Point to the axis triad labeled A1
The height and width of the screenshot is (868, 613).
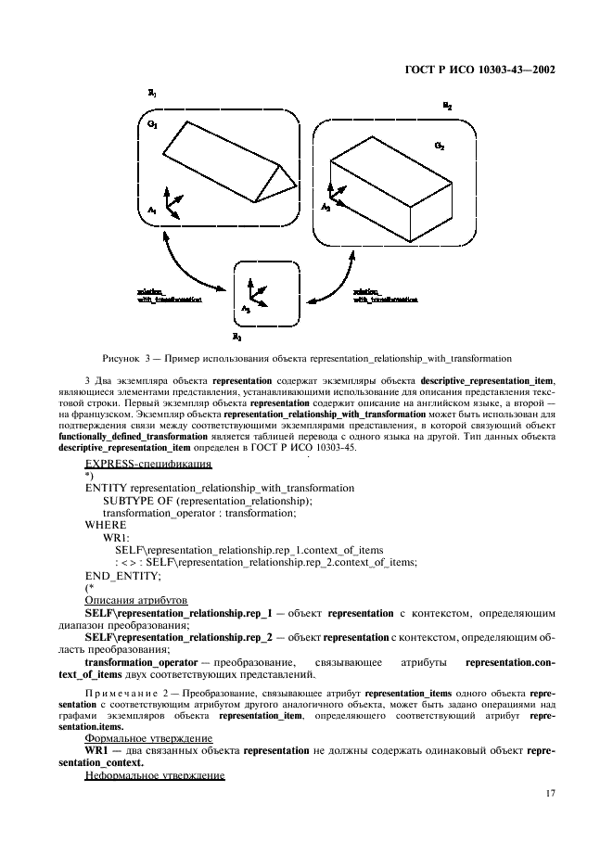[171, 204]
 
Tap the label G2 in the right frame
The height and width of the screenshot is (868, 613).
[440, 147]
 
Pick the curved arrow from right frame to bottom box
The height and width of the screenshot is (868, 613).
[338, 273]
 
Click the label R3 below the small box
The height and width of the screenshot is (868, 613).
[237, 338]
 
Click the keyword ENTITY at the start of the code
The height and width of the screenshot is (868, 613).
[106, 487]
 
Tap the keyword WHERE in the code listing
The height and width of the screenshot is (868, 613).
[106, 524]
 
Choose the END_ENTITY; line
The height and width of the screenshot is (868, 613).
[122, 575]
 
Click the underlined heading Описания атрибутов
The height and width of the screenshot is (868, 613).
[135, 600]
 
